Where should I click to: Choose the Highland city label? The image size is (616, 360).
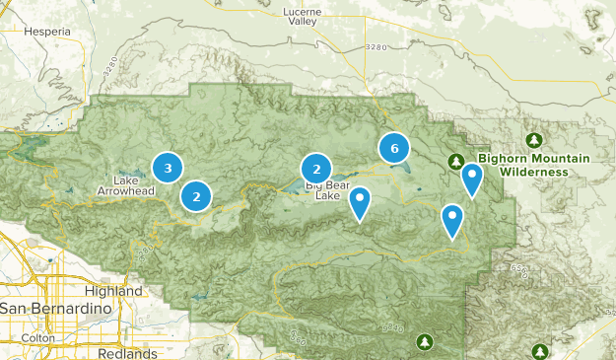pyautogui.click(x=114, y=292)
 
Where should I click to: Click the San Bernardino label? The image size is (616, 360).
pyautogui.click(x=51, y=309)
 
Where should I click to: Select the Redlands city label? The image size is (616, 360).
pyautogui.click(x=128, y=353)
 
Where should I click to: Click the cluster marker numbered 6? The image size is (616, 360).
pyautogui.click(x=394, y=149)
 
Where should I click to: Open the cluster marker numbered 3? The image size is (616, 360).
pyautogui.click(x=168, y=168)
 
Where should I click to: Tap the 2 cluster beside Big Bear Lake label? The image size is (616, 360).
pyautogui.click(x=315, y=168)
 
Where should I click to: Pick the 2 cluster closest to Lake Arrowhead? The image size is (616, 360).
pyautogui.click(x=197, y=196)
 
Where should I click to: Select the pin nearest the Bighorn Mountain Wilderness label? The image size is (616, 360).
pyautogui.click(x=473, y=180)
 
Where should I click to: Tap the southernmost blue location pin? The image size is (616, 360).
pyautogui.click(x=452, y=220)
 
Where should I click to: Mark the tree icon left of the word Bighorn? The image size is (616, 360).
pyautogui.click(x=456, y=161)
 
